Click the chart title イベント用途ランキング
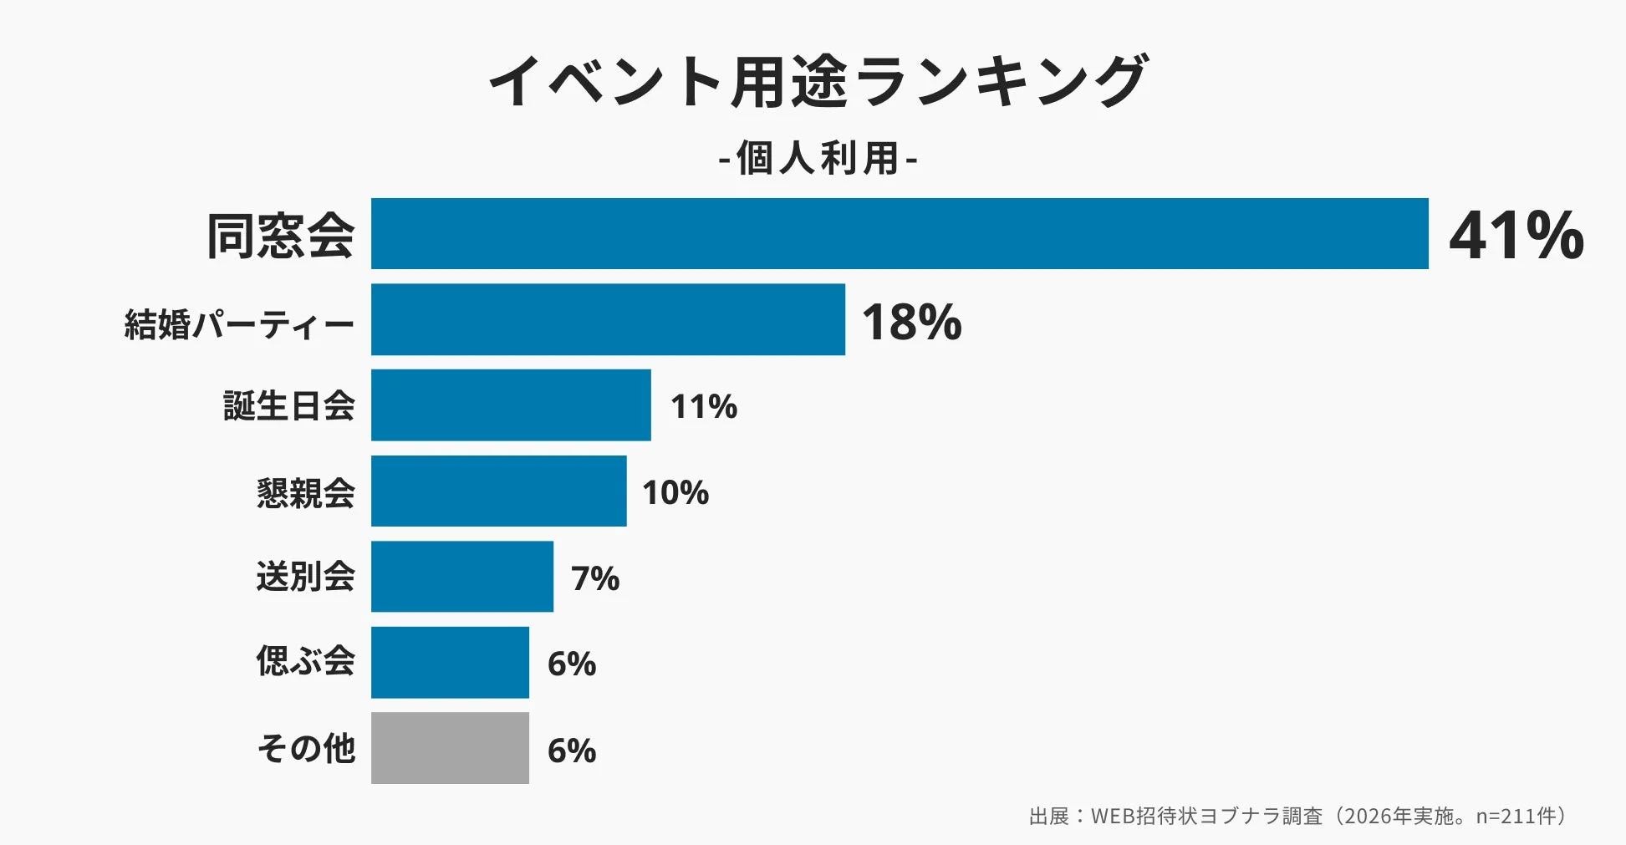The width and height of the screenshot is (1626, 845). coord(818,81)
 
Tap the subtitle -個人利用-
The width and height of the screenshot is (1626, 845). coord(818,158)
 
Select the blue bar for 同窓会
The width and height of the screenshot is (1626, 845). coord(900,234)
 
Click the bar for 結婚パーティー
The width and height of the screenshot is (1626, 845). coord(608,319)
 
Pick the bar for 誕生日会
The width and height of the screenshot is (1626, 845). coord(511,405)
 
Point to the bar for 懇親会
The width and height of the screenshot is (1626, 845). coord(498,491)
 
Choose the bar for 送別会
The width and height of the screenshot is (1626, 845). coord(462,577)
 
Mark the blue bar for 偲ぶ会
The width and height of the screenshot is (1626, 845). coord(450,662)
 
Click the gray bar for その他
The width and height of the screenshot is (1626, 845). coord(450,748)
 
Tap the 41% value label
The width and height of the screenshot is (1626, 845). coord(1516,236)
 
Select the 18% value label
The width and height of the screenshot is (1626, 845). coord(911,322)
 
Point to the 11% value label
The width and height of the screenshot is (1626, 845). coord(704,407)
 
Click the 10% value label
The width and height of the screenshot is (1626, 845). coord(675,492)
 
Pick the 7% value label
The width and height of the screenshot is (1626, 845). coord(595,578)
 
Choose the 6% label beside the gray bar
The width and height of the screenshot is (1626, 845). coord(572,751)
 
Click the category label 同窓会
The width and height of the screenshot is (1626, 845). coord(281,236)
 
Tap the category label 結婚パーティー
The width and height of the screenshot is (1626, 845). coord(239,324)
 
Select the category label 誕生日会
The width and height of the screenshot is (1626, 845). coord(289,406)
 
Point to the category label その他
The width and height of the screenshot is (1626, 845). coord(306,748)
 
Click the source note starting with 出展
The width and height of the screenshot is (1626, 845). coord(1298,816)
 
